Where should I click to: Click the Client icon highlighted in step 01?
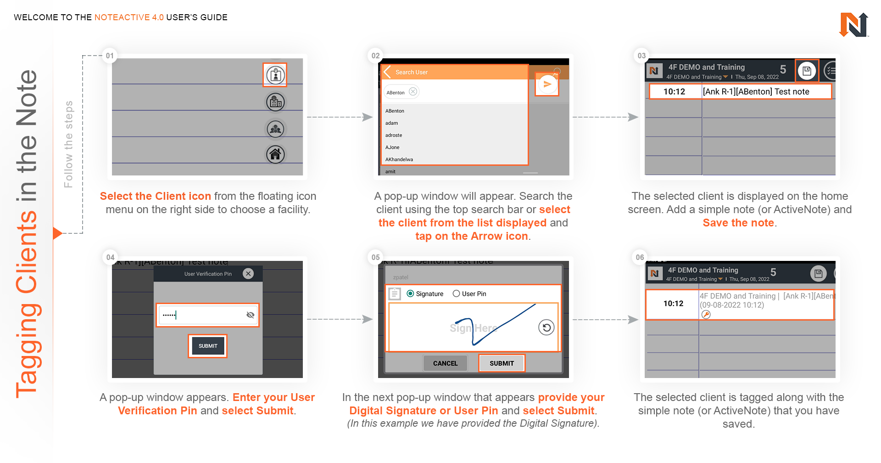point(275,75)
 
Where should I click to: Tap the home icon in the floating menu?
point(275,154)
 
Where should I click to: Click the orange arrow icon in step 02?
point(547,85)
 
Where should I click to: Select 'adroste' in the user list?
point(394,135)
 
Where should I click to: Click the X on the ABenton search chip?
point(413,91)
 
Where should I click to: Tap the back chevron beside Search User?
point(387,72)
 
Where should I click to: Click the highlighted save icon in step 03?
point(807,71)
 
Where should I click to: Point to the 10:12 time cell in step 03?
point(674,91)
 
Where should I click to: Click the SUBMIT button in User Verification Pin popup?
point(208,346)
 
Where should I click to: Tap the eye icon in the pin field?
point(250,315)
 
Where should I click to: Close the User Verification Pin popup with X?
point(248,274)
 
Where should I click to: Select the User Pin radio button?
point(456,294)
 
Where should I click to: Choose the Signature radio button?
point(410,294)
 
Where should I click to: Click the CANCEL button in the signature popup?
point(445,363)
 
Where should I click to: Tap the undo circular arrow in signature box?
point(546,327)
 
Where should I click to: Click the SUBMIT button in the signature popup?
point(502,363)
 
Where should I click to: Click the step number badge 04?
point(110,257)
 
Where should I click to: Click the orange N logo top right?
point(853,25)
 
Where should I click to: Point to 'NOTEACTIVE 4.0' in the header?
point(129,17)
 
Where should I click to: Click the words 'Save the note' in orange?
point(738,223)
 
